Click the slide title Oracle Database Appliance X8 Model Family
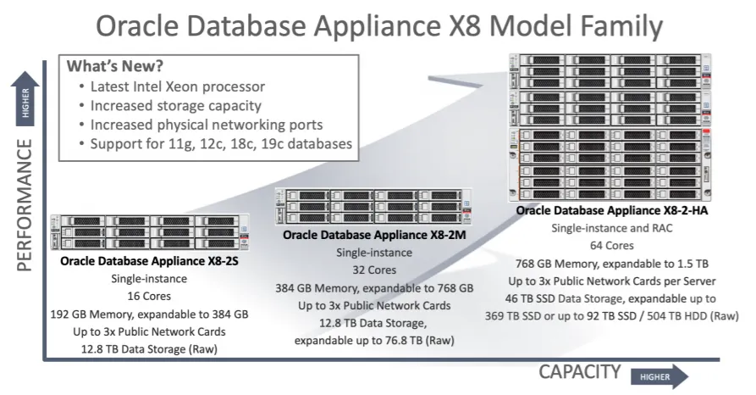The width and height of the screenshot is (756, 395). coord(378,25)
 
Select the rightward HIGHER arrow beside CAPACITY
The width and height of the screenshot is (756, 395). coord(659,376)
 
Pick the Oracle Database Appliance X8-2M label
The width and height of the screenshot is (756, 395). coord(374,236)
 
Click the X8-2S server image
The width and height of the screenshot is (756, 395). coord(149,232)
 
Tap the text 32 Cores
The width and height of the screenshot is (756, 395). coord(374,270)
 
